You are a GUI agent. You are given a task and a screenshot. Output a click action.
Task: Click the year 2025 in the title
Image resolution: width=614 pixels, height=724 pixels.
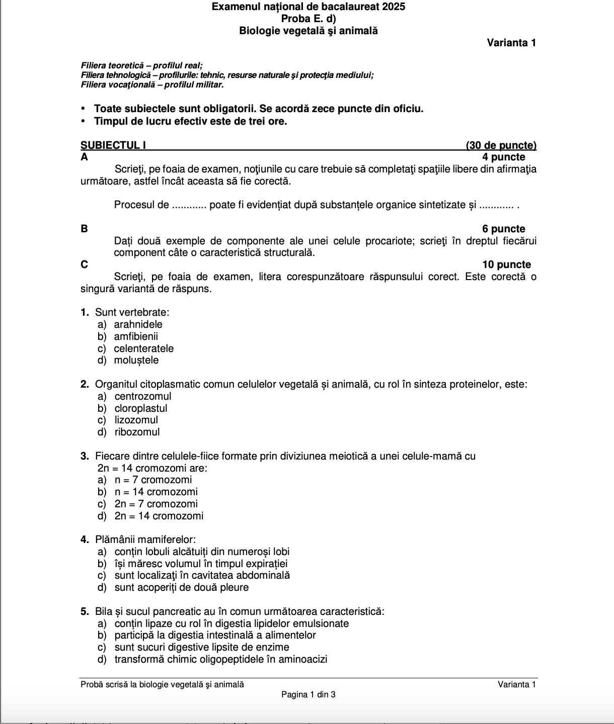coord(394,7)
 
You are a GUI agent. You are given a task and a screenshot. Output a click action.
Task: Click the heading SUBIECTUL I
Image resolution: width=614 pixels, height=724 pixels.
coord(113,145)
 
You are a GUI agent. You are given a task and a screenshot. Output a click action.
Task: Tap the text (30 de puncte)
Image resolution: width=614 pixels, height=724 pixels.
coord(501,145)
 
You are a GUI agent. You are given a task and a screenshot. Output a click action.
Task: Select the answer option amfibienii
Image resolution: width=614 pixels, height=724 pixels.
coord(135,336)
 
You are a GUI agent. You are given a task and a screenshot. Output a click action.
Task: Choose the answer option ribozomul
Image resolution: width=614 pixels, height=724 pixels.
coord(137,432)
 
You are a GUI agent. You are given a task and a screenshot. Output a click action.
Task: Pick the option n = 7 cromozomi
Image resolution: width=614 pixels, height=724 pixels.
coord(153,480)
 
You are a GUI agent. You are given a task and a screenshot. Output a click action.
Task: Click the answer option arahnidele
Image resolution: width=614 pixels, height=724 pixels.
coord(138,324)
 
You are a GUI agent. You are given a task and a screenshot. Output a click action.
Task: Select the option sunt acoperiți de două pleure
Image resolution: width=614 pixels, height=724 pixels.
coord(181,587)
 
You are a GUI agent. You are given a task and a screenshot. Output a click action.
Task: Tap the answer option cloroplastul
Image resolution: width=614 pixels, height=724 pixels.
coord(140,408)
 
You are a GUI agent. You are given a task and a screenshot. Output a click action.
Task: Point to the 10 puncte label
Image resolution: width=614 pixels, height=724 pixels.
coord(506,264)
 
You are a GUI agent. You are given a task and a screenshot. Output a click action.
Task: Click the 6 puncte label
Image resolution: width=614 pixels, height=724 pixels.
coord(503,229)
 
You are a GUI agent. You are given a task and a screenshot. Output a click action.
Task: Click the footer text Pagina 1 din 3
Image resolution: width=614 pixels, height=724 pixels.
coord(309,694)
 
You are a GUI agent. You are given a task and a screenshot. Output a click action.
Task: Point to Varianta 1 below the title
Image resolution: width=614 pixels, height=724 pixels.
coord(511,43)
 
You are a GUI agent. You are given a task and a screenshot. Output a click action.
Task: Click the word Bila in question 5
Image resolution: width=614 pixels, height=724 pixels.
coord(104,611)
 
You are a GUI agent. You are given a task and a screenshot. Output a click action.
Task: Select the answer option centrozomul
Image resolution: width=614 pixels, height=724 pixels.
coord(142,396)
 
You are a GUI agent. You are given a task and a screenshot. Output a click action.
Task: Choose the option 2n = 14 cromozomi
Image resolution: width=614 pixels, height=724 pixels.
coord(159,516)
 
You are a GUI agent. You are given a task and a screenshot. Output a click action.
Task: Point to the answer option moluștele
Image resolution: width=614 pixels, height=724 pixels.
coord(136,360)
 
